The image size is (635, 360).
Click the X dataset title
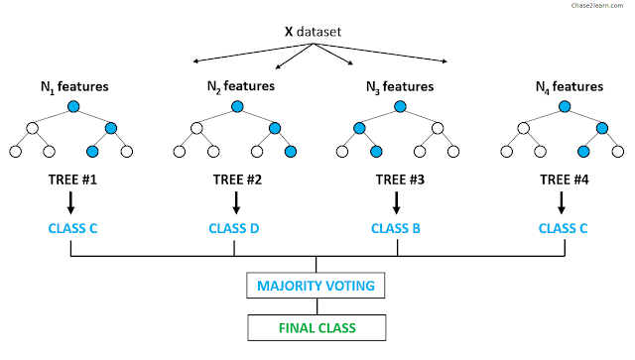(x=313, y=32)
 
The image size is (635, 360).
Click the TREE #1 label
(x=72, y=180)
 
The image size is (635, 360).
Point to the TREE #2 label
(x=237, y=180)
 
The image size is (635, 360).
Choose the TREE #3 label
(x=400, y=180)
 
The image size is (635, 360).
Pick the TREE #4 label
(x=565, y=180)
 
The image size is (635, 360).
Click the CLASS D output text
(x=234, y=228)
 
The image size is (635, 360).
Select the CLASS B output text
(x=396, y=228)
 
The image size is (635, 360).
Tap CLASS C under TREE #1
(x=72, y=228)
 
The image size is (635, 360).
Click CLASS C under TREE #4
(x=563, y=228)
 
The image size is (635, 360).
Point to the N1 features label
(x=74, y=87)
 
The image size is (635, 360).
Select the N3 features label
(x=400, y=87)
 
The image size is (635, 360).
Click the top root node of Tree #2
(x=237, y=106)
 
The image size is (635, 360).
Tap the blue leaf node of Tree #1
(x=92, y=152)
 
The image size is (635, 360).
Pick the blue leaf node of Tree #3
(x=376, y=152)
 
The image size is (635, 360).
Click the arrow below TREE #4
(x=562, y=203)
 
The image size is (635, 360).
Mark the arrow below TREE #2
(x=236, y=203)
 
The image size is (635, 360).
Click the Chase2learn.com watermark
(x=597, y=5)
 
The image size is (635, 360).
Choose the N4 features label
(x=570, y=87)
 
